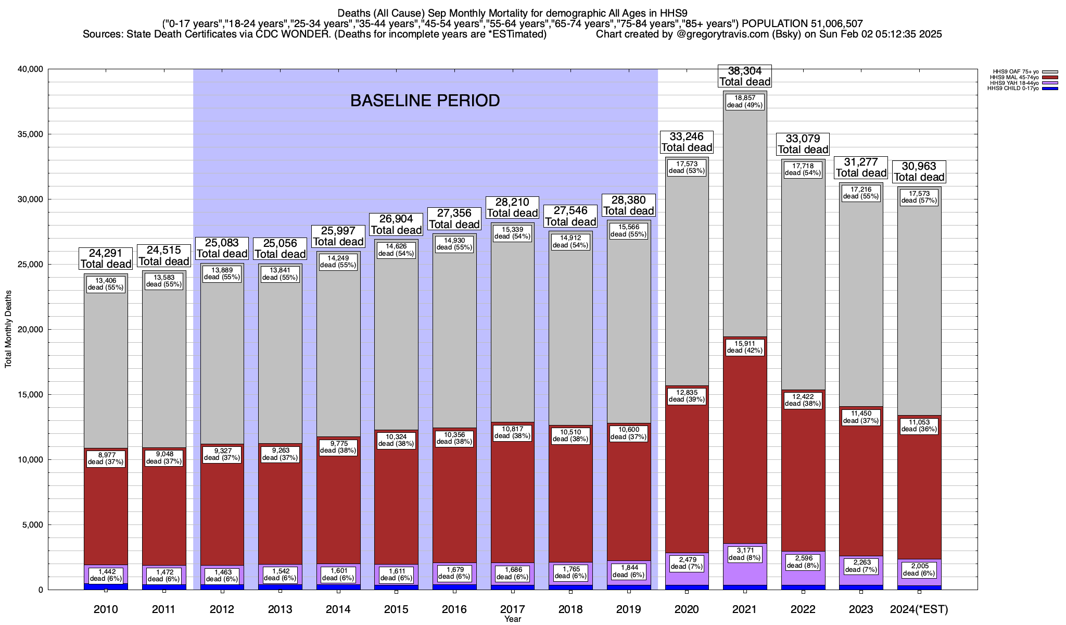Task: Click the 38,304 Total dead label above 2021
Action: pyautogui.click(x=744, y=76)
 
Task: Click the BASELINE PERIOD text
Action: pyautogui.click(x=425, y=101)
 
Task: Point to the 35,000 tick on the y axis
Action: pyautogui.click(x=31, y=134)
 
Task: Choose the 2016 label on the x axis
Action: pyautogui.click(x=454, y=609)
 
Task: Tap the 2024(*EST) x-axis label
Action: pyautogui.click(x=919, y=609)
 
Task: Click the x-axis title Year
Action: pyautogui.click(x=512, y=619)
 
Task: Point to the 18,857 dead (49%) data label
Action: pyautogui.click(x=744, y=101)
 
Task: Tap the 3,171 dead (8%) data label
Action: pyautogui.click(x=744, y=554)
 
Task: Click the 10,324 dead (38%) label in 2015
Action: pyautogui.click(x=396, y=440)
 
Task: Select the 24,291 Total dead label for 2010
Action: pyautogui.click(x=106, y=258)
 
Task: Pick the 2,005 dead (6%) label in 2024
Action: pyautogui.click(x=919, y=569)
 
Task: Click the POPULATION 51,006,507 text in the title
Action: pyautogui.click(x=802, y=23)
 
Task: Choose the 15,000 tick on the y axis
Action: pyautogui.click(x=31, y=395)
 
